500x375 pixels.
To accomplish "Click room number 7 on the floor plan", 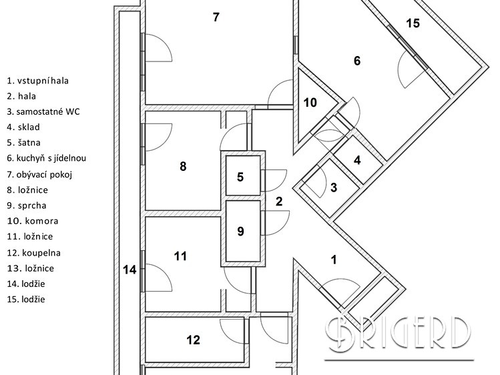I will (216, 17).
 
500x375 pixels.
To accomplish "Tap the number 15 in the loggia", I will (413, 24).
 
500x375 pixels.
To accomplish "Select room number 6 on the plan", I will (356, 61).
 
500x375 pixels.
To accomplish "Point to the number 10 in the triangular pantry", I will (310, 103).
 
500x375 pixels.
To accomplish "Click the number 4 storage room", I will (357, 160).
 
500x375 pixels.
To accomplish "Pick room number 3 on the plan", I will (334, 187).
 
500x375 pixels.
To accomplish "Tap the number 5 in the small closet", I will (240, 177).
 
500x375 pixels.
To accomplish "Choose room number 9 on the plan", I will (241, 231).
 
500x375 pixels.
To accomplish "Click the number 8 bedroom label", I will (183, 167).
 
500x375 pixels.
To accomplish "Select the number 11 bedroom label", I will (180, 256).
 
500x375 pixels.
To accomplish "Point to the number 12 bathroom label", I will (193, 340).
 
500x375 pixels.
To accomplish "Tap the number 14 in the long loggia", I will (130, 270).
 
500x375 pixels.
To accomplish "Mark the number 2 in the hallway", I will (279, 201).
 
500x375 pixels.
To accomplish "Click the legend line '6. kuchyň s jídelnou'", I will (47, 159).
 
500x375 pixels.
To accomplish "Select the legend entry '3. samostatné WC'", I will (43, 111).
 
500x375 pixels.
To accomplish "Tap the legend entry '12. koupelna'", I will (34, 253).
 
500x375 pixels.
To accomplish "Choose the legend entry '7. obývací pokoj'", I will (39, 174).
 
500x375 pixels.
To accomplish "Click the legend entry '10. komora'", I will (33, 221).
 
